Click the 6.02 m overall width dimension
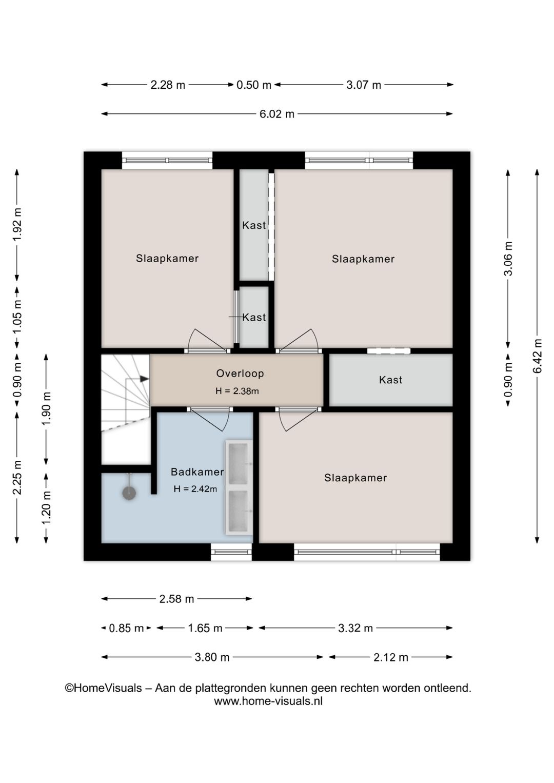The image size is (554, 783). pyautogui.click(x=277, y=114)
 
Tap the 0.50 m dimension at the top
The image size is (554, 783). pyautogui.click(x=254, y=85)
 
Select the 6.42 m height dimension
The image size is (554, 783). pyautogui.click(x=537, y=356)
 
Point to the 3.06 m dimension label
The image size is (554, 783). pyautogui.click(x=508, y=258)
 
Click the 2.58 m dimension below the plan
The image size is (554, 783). pyautogui.click(x=176, y=599)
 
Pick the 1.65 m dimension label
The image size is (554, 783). pyautogui.click(x=205, y=628)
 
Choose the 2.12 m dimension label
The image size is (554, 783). pyautogui.click(x=391, y=657)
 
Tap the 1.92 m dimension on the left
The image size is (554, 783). pyautogui.click(x=17, y=224)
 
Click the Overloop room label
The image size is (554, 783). pyautogui.click(x=240, y=374)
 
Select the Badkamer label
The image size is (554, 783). pyautogui.click(x=197, y=472)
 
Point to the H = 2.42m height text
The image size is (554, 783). pyautogui.click(x=195, y=488)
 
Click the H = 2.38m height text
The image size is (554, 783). pyautogui.click(x=237, y=391)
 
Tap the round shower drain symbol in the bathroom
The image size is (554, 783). pyautogui.click(x=129, y=493)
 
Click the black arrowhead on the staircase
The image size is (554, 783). pyautogui.click(x=144, y=379)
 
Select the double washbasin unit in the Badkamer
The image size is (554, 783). pyautogui.click(x=239, y=487)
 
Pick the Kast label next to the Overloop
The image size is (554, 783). pyautogui.click(x=390, y=380)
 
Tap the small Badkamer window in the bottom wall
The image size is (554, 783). pyautogui.click(x=231, y=552)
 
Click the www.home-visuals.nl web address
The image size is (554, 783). pyautogui.click(x=268, y=701)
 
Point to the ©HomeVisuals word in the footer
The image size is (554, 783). pyautogui.click(x=104, y=688)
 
